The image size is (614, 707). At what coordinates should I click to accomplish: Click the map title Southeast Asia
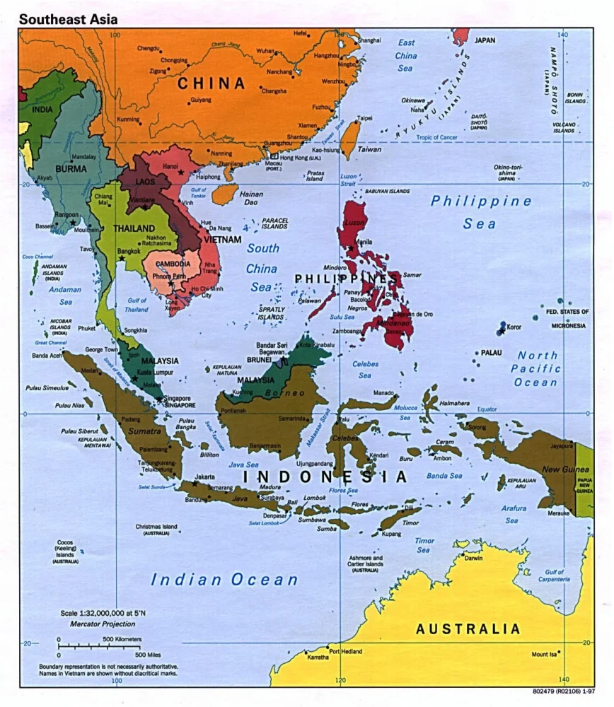pos(68,19)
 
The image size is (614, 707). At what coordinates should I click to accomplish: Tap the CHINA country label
pos(211,83)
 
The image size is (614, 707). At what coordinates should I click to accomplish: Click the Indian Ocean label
pos(224,580)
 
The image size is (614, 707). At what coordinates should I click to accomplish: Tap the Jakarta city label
pos(204,477)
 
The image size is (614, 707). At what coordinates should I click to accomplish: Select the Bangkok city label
pos(129,251)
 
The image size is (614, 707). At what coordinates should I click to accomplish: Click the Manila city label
pos(363,242)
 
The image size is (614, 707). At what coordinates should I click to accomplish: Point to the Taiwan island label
pos(369,150)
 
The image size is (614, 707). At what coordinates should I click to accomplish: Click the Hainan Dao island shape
pos(225,194)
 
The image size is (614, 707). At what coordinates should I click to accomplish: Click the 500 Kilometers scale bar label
pos(122,639)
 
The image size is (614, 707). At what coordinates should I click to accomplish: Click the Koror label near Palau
pos(514,327)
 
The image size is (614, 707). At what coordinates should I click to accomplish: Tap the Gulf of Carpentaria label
pos(554,575)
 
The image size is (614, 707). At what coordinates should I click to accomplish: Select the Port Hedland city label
pos(345,651)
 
